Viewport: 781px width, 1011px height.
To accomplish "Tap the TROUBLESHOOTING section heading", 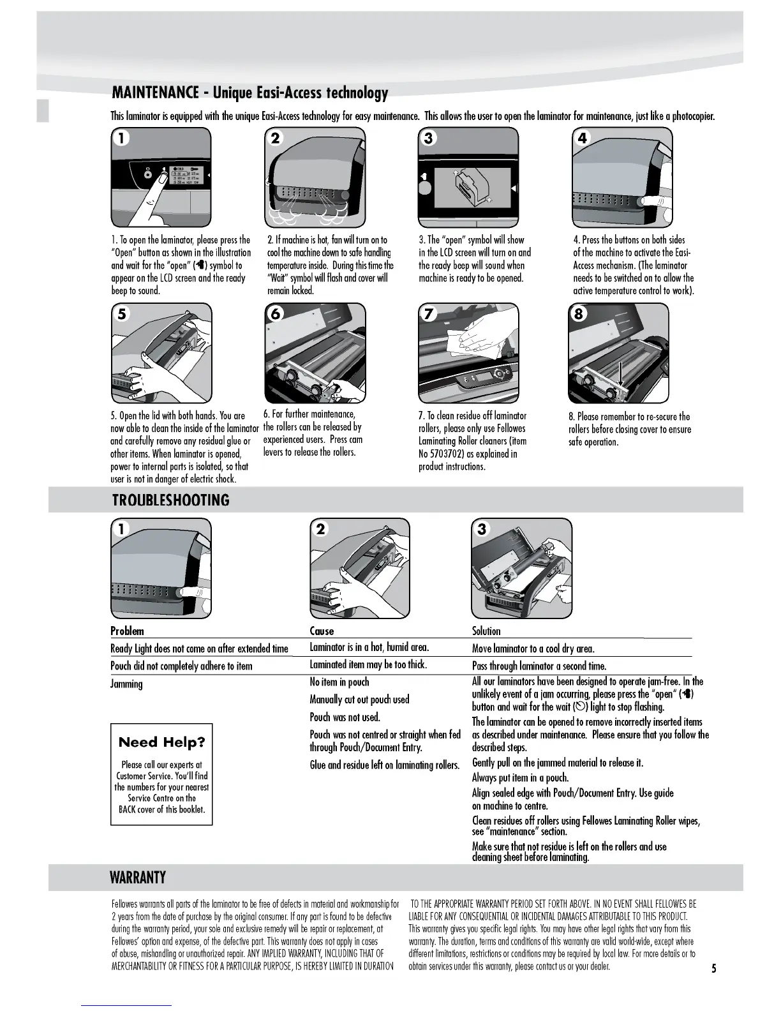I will pyautogui.click(x=170, y=500).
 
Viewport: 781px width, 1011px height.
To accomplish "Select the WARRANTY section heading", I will pyautogui.click(x=138, y=878).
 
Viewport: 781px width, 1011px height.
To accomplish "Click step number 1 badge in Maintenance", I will pyautogui.click(x=121, y=138).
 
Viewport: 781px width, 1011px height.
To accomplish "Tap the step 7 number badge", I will pyautogui.click(x=428, y=314).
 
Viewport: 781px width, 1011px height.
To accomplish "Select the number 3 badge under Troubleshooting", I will pyautogui.click(x=482, y=529).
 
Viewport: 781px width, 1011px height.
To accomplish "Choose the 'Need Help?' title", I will pyautogui.click(x=162, y=742).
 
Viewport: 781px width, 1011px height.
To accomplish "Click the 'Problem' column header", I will pyautogui.click(x=127, y=631).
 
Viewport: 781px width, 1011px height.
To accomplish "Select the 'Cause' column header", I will pyautogui.click(x=322, y=631).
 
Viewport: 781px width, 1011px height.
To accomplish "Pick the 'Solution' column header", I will pyautogui.click(x=486, y=631).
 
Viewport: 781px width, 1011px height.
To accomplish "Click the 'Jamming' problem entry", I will pyautogui.click(x=126, y=684).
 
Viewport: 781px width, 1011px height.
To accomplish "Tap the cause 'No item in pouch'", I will pyautogui.click(x=339, y=682).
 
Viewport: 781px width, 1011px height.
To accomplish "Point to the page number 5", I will pyautogui.click(x=714, y=969).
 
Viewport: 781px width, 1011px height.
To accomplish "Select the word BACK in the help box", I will pyautogui.click(x=129, y=809).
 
